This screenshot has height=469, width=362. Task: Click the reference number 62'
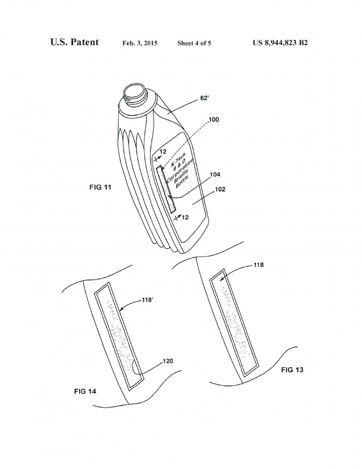coord(204,98)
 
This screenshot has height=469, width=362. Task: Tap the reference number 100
coord(214,119)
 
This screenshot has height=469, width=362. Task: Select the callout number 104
coord(215,174)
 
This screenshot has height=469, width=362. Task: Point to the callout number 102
coord(220,189)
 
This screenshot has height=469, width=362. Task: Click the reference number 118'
coord(147,300)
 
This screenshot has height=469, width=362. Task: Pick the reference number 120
coord(168,361)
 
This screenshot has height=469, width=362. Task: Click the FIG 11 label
coord(100,187)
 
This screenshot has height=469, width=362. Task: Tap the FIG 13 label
coord(292,370)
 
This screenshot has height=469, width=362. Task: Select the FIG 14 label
coord(85,391)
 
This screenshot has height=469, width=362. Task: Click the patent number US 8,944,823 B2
coord(280,43)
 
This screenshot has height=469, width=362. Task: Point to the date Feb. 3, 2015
coord(140,43)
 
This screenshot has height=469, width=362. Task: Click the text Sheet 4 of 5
coord(194,43)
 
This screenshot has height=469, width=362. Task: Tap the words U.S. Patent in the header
coord(74,42)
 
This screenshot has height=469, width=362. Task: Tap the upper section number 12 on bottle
coord(163,152)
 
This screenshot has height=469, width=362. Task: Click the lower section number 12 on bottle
coord(186,218)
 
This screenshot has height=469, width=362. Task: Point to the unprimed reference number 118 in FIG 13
coord(259,265)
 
